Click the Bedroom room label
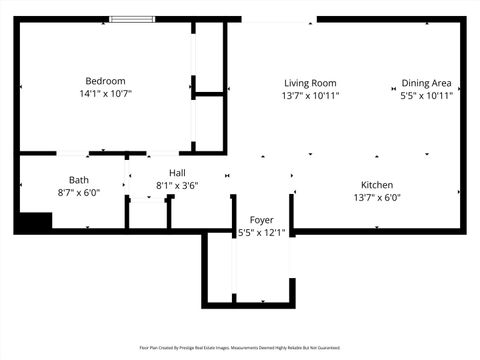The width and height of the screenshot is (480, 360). coord(105,81)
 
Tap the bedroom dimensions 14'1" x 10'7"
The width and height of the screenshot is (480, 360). coord(105,94)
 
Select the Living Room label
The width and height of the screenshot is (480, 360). coord(310,83)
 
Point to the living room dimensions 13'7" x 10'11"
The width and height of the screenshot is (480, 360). coord(310,96)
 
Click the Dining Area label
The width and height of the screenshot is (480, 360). coord(427,83)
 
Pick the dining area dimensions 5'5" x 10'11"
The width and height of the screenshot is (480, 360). coord(427,96)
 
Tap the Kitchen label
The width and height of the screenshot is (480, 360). coord(377,185)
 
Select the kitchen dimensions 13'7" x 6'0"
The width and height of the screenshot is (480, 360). coord(377,198)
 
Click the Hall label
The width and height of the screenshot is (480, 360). coord(177,173)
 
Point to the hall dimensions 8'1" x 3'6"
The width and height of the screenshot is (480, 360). coord(177,186)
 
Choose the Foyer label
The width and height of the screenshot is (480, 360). coord(261,220)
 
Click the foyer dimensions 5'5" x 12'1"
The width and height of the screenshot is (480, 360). coord(261,233)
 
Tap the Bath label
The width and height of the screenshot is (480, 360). coord(79,180)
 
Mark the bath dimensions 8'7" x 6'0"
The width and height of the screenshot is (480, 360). coord(79,193)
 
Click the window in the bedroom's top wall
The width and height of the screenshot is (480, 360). coord(132,18)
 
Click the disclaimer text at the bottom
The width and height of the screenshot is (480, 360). coord(240,348)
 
